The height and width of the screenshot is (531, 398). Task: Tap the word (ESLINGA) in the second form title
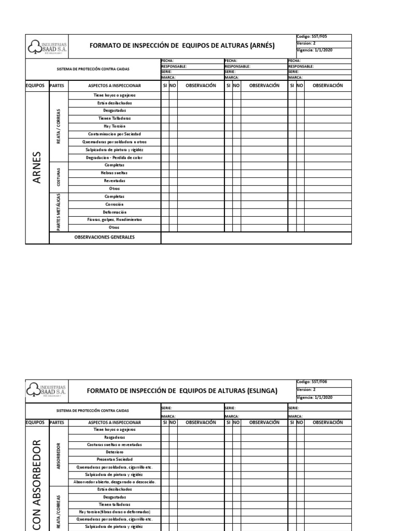click(x=260, y=390)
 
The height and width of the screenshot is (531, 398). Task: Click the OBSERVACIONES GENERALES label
click(x=104, y=237)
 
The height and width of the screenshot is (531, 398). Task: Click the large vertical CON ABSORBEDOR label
click(x=37, y=482)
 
